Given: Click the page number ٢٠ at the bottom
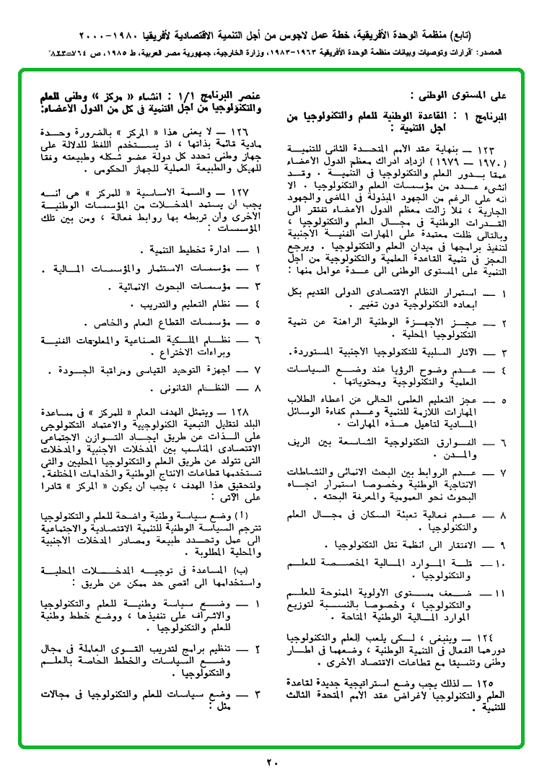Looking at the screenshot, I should point(272,762).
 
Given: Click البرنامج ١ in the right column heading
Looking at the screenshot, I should point(496,115).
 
